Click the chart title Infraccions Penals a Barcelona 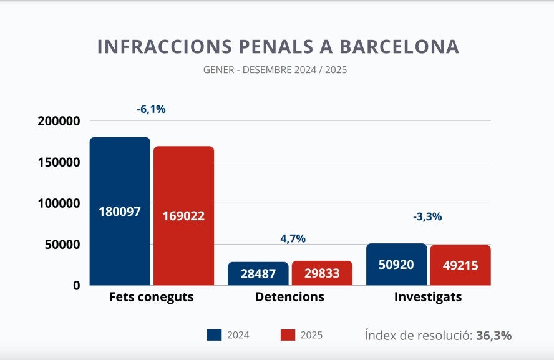coord(278,47)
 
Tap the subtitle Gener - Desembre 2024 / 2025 coord(275,70)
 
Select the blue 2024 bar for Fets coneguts coord(120,211)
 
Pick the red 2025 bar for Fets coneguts coord(183,215)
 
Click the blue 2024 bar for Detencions coord(258,273)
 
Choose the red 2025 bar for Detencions coord(322,273)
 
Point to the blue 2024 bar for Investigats coord(396,264)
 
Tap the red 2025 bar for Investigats coord(460,265)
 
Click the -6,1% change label coord(151,109)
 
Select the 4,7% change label coord(293,238)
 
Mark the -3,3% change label coord(427,216)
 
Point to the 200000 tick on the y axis coord(59,121)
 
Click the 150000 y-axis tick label coord(59,162)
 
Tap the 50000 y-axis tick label coord(62,245)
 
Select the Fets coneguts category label coord(151,297)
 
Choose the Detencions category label coord(289,297)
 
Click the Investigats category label coord(428,297)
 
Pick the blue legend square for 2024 coord(214,335)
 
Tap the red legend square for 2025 coord(288,335)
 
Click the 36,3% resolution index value coord(494,335)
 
